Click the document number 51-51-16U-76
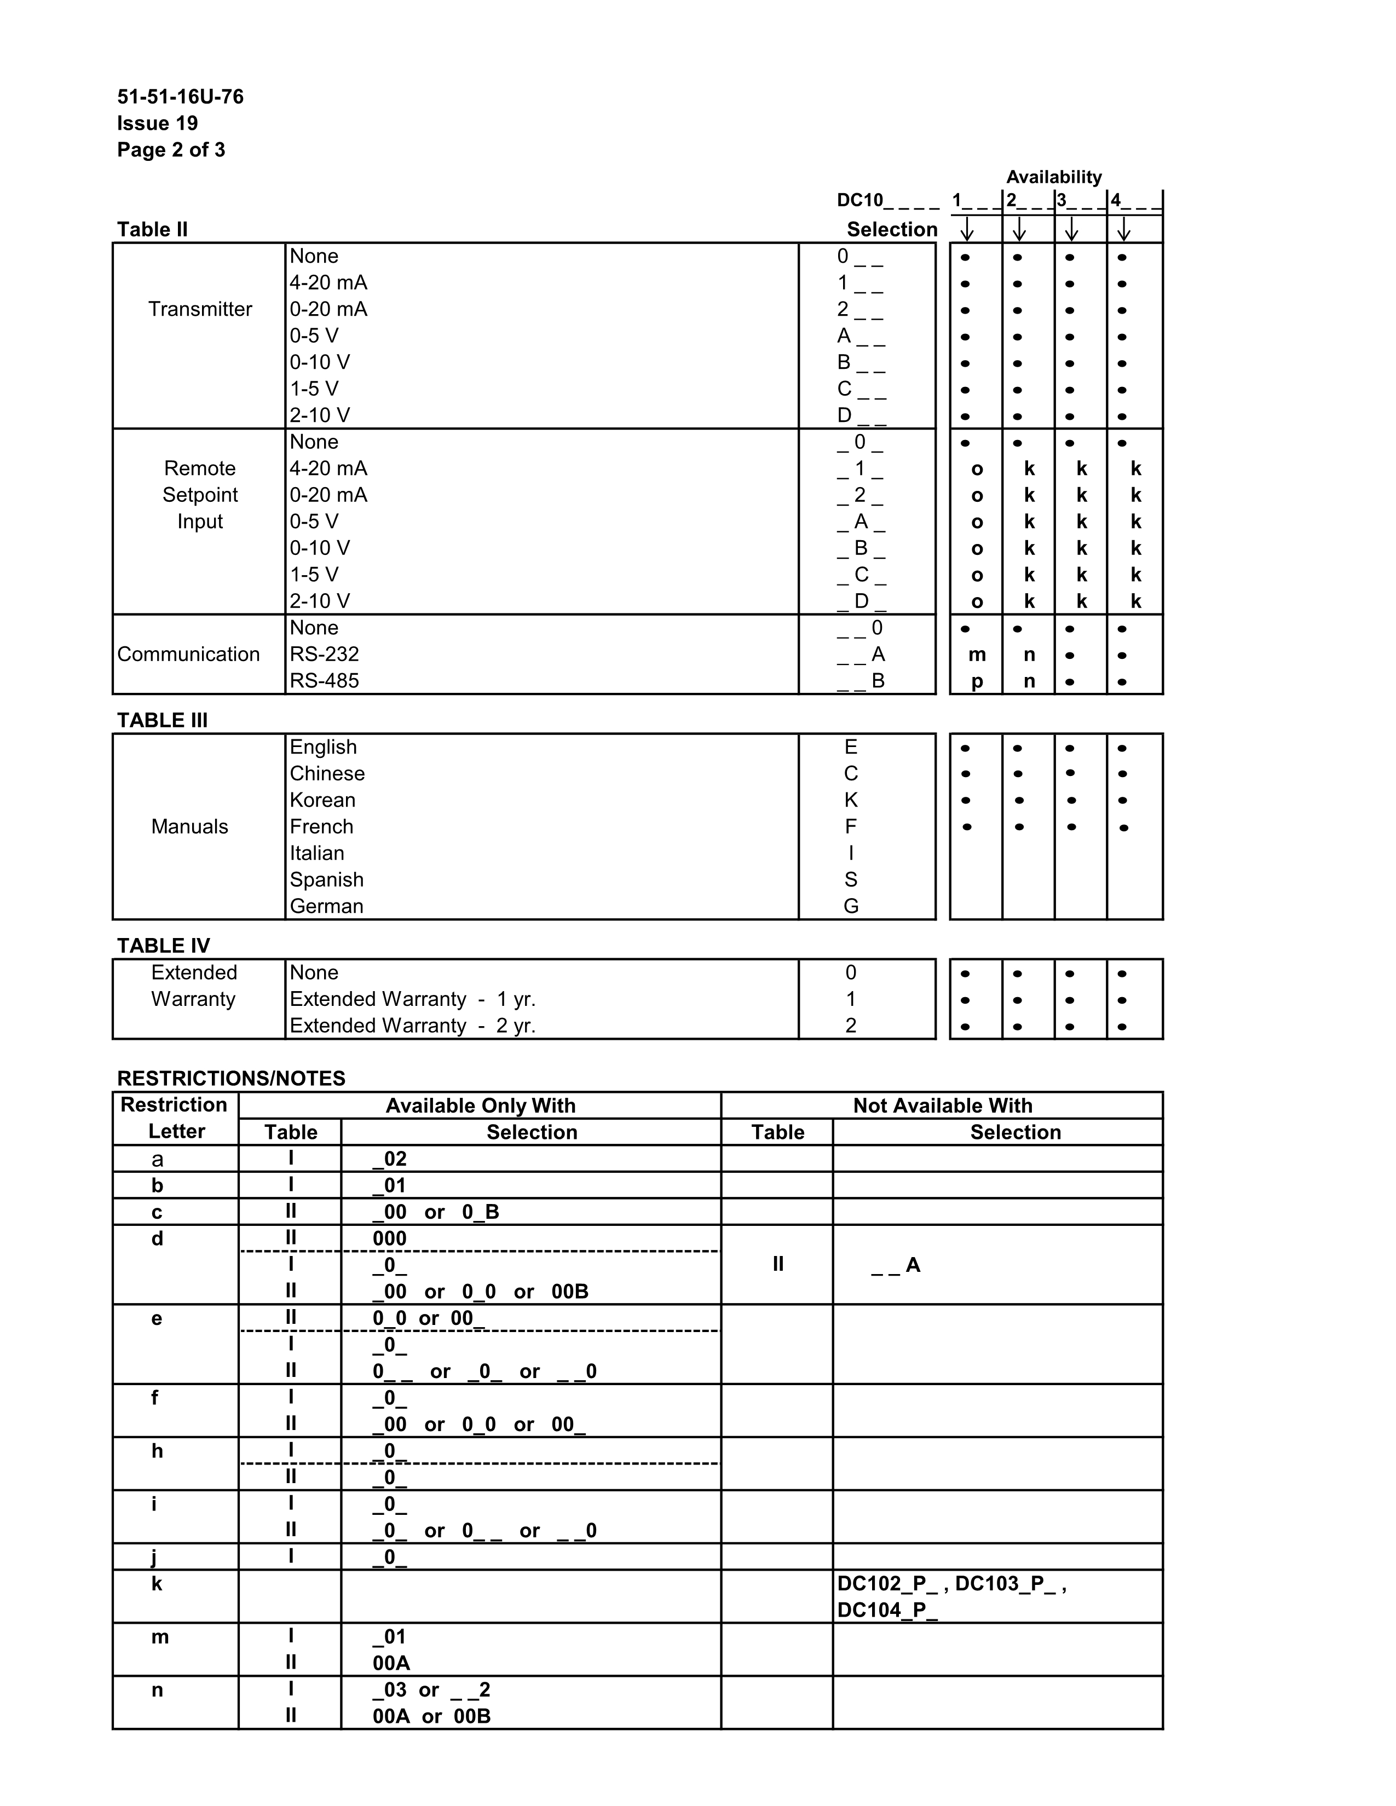click(x=180, y=97)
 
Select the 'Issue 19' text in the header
click(x=157, y=123)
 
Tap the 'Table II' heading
click(x=152, y=229)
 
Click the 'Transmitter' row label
click(x=200, y=309)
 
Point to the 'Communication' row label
click(x=188, y=654)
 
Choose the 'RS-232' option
click(x=324, y=654)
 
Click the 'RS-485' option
click(x=324, y=681)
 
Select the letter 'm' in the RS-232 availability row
click(x=977, y=655)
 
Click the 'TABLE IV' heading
click(x=163, y=945)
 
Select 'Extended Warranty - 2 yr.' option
click(x=412, y=1026)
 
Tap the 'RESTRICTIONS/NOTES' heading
click(x=230, y=1078)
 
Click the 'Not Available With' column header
click(x=942, y=1105)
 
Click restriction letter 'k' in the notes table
click(x=157, y=1584)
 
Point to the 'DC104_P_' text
click(x=887, y=1610)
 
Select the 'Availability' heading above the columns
click(x=1054, y=177)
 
